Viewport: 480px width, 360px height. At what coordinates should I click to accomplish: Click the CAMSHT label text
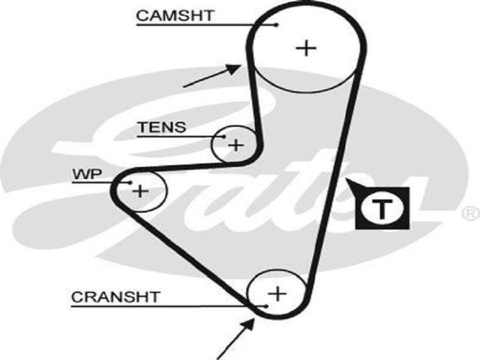(174, 15)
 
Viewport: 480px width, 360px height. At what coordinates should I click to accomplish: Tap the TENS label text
(162, 127)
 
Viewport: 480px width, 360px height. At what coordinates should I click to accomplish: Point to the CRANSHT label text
(115, 297)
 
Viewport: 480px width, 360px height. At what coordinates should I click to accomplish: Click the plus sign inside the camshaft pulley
(307, 48)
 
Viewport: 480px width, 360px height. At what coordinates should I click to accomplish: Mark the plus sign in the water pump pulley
(140, 191)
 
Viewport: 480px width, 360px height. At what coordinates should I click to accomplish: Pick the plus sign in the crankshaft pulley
(277, 294)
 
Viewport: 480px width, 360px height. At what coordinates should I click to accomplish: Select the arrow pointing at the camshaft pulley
(213, 75)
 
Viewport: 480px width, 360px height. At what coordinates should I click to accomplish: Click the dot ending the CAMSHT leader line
(277, 24)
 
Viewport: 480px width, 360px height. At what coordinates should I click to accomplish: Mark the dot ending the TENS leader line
(224, 136)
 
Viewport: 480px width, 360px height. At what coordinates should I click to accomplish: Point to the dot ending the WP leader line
(131, 183)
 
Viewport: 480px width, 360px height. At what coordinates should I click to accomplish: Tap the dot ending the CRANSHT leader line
(265, 306)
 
